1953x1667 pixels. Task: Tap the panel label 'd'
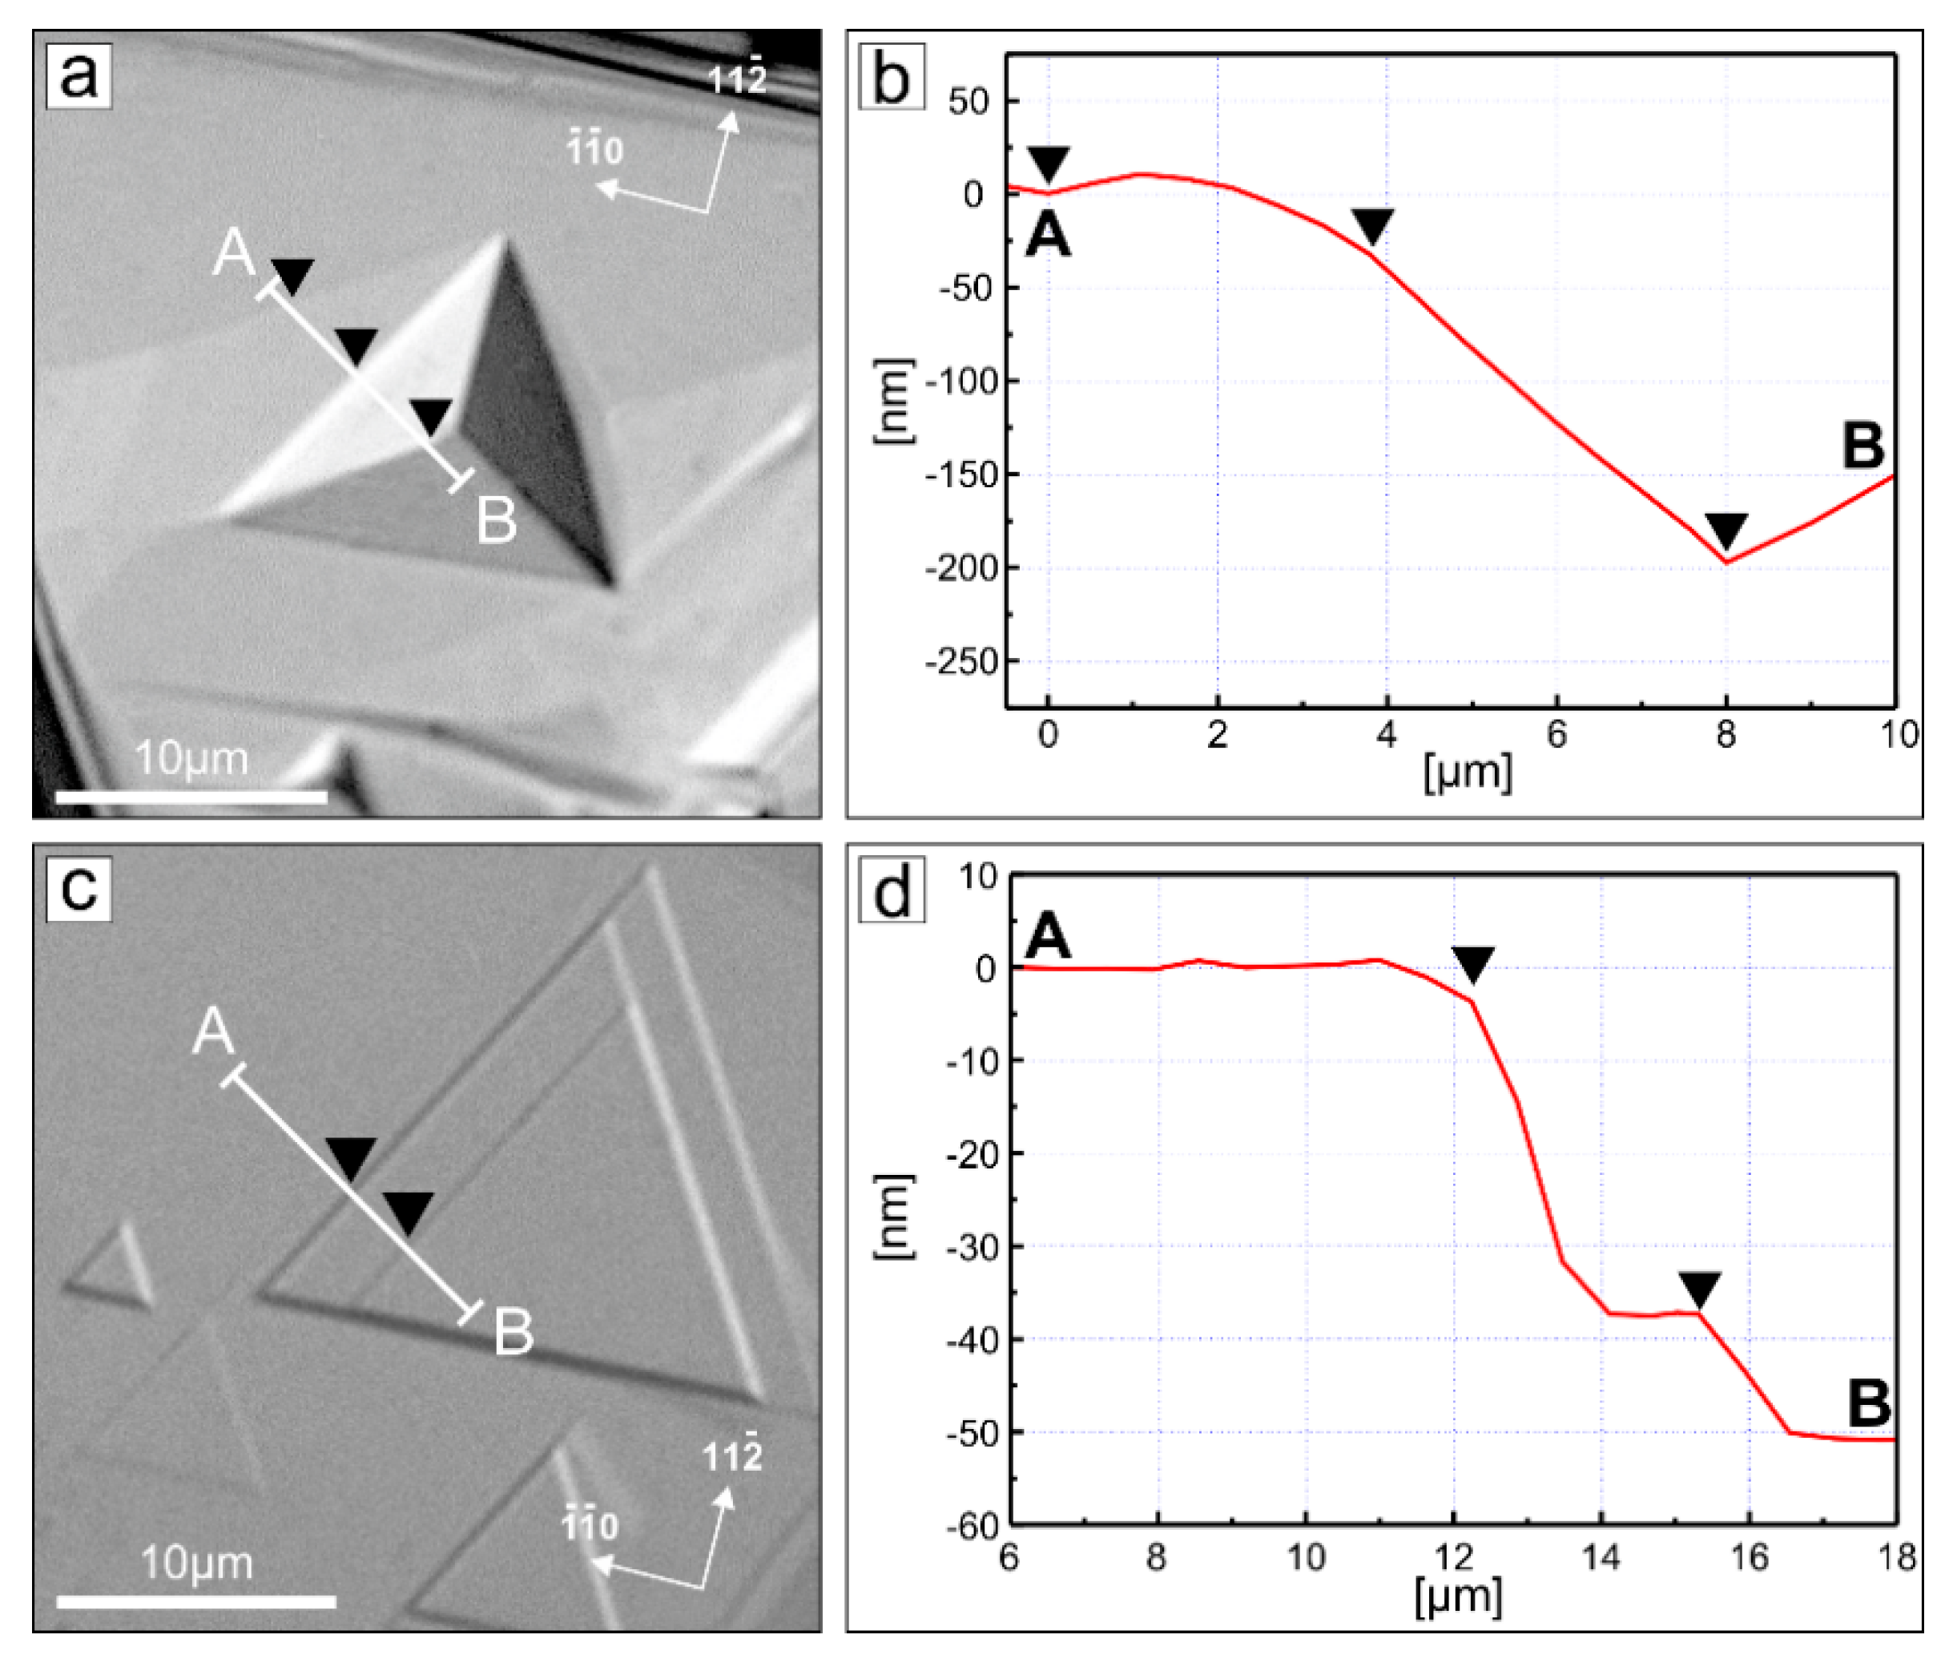coord(891,891)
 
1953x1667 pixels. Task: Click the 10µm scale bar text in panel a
coord(191,758)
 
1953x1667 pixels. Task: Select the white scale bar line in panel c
coord(196,1601)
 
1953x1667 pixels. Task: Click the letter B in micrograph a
coord(497,519)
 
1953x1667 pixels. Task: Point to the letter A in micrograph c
coord(213,1031)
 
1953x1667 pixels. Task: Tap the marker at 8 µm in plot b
coord(1725,530)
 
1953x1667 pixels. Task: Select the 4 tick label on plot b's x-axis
coord(1386,734)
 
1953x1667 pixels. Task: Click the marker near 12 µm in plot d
coord(1472,963)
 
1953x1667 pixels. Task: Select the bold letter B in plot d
coord(1868,1404)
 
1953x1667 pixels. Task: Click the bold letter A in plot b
coord(1048,234)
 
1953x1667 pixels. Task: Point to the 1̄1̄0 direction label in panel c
coord(590,1524)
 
